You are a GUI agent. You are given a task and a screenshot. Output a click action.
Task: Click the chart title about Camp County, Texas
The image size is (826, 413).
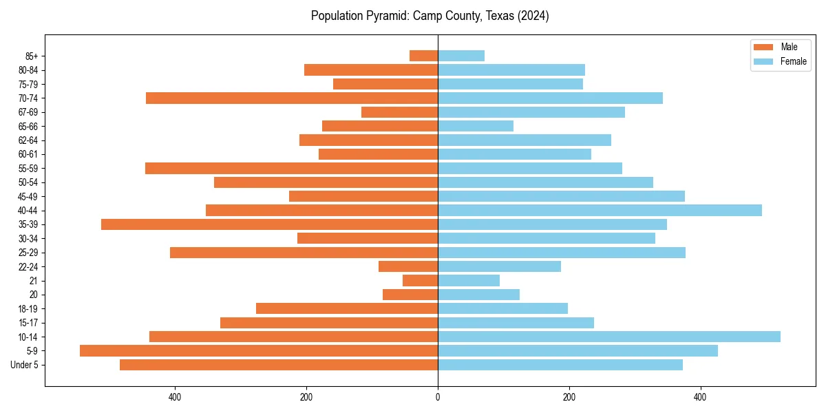pyautogui.click(x=430, y=16)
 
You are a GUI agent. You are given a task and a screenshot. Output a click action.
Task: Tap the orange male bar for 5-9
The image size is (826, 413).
pyautogui.click(x=259, y=350)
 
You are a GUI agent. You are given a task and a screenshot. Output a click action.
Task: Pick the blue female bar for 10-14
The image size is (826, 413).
pyautogui.click(x=609, y=337)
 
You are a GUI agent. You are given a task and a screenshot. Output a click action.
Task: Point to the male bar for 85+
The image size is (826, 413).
pyautogui.click(x=423, y=56)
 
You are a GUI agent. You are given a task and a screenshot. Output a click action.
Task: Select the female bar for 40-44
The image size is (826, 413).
pyautogui.click(x=600, y=210)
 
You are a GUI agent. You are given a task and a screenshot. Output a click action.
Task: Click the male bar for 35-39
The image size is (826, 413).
pyautogui.click(x=269, y=224)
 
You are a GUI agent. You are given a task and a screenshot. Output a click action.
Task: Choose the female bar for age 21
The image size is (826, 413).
pyautogui.click(x=469, y=280)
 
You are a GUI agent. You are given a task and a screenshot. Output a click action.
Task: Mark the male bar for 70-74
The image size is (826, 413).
pyautogui.click(x=292, y=98)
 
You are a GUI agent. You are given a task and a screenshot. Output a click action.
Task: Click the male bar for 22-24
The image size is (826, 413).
pyautogui.click(x=408, y=266)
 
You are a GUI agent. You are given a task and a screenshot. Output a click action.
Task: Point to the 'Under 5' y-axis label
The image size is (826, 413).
pyautogui.click(x=24, y=365)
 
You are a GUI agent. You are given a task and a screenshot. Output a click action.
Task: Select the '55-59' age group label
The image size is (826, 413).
pyautogui.click(x=28, y=168)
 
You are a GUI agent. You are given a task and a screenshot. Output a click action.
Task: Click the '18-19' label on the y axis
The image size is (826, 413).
pyautogui.click(x=28, y=308)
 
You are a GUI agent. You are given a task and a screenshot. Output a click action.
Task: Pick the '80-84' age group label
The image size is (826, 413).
pyautogui.click(x=28, y=70)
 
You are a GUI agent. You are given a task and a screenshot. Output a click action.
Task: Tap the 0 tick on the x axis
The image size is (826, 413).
pyautogui.click(x=438, y=397)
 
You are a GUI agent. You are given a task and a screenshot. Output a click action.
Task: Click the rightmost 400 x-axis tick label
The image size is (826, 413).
pyautogui.click(x=700, y=397)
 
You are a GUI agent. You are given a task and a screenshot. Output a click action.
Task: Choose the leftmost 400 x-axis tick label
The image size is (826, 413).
pyautogui.click(x=175, y=397)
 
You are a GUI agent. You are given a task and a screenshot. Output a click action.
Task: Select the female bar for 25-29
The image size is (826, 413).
pyautogui.click(x=562, y=253)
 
